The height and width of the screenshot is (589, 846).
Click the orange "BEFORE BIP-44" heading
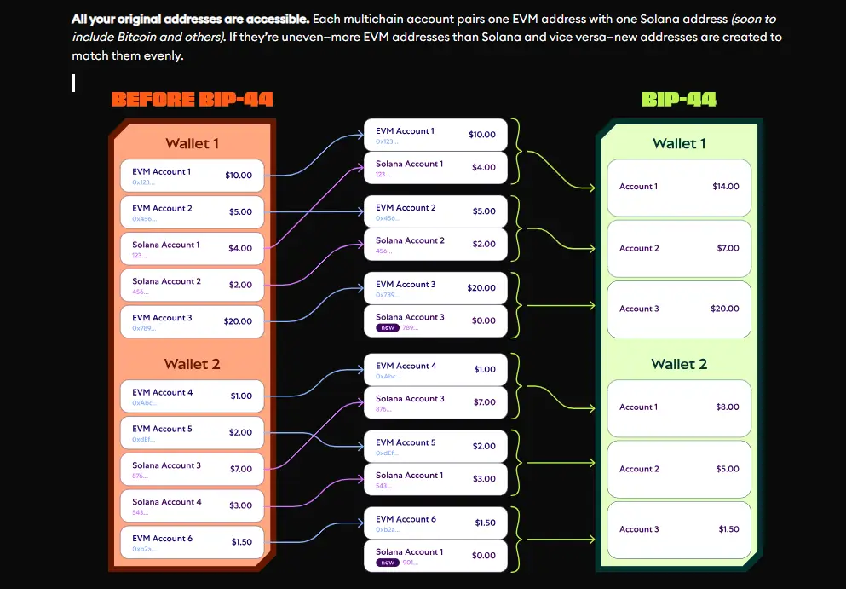click(192, 100)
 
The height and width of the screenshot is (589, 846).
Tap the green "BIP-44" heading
click(678, 100)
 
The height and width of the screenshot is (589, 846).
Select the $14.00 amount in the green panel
click(725, 187)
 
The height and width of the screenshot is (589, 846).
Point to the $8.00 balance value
click(727, 407)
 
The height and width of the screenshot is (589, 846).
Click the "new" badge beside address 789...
click(388, 327)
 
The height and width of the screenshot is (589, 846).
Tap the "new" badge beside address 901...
click(388, 563)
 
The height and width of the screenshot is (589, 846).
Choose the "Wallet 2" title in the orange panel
click(192, 364)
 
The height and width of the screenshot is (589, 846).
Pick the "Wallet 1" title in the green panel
click(678, 144)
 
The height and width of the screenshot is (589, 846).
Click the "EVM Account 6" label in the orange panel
click(162, 538)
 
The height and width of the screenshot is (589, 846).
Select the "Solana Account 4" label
click(167, 502)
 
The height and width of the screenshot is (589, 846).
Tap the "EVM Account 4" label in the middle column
click(406, 366)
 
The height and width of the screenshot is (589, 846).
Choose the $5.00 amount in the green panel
click(727, 469)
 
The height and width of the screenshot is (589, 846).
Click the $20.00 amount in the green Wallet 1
click(725, 309)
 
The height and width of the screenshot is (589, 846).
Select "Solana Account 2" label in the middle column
click(410, 240)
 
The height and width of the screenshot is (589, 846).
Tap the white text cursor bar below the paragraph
click(74, 83)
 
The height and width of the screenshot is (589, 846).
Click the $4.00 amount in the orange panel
click(240, 249)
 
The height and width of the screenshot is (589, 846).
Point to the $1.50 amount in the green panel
click(728, 529)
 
